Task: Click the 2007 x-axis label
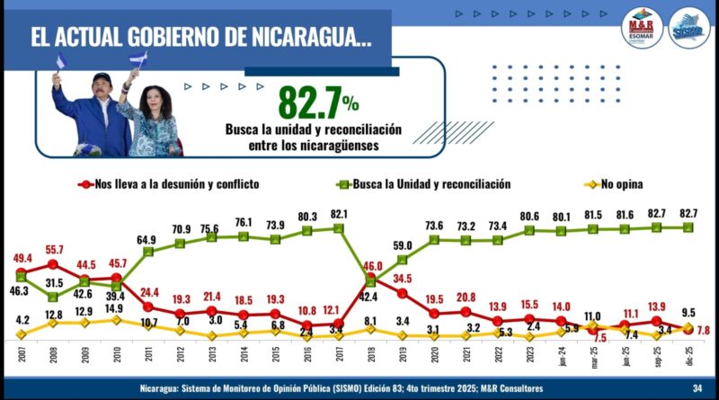pyautogui.click(x=21, y=355)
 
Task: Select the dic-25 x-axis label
pyautogui.click(x=688, y=357)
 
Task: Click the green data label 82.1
pyautogui.click(x=339, y=212)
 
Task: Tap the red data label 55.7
pyautogui.click(x=52, y=249)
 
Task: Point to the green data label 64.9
pyautogui.click(x=148, y=240)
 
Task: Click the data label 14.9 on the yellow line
pyautogui.click(x=116, y=309)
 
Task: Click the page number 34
pyautogui.click(x=697, y=388)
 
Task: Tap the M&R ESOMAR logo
pyautogui.click(x=641, y=29)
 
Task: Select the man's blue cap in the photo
pyautogui.click(x=102, y=78)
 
